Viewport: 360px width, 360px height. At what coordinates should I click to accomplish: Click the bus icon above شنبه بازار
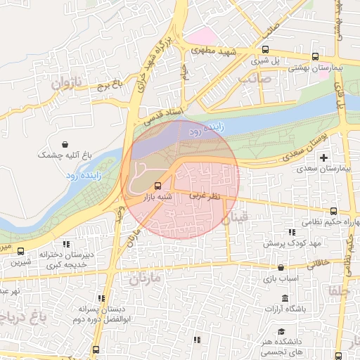click(157, 186)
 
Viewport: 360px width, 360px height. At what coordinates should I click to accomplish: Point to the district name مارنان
click(145, 278)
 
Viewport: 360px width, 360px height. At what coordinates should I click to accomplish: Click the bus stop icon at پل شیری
click(265, 50)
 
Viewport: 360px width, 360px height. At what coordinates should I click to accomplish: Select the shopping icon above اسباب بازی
click(281, 267)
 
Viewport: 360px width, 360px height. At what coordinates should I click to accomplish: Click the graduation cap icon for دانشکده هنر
click(281, 331)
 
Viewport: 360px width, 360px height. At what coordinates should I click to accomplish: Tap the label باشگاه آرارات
click(286, 309)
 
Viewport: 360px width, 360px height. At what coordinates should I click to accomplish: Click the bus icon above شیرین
click(20, 251)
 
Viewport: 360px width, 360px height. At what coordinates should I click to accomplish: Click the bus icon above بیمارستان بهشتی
click(315, 57)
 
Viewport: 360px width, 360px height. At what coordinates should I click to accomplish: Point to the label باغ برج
click(110, 87)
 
